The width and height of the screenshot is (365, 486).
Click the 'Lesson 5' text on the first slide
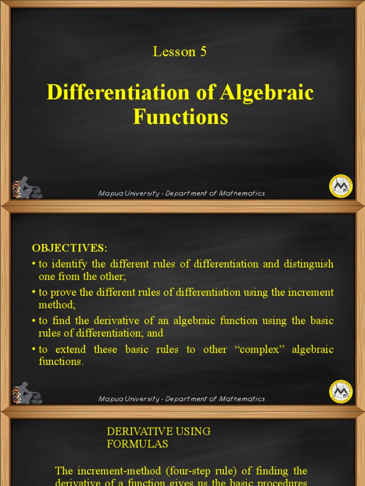180,52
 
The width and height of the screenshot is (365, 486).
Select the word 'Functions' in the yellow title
181,117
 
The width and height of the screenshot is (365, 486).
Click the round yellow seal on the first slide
341,186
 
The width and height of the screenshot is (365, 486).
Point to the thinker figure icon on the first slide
27,188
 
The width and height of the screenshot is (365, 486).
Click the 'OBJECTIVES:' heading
70,248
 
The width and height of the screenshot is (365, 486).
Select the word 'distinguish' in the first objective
308,264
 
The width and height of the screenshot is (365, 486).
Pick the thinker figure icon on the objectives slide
27,393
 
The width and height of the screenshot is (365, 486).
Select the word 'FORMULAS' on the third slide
137,444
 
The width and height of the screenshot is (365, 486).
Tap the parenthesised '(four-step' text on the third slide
160,471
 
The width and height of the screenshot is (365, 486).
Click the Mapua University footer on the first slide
181,194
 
